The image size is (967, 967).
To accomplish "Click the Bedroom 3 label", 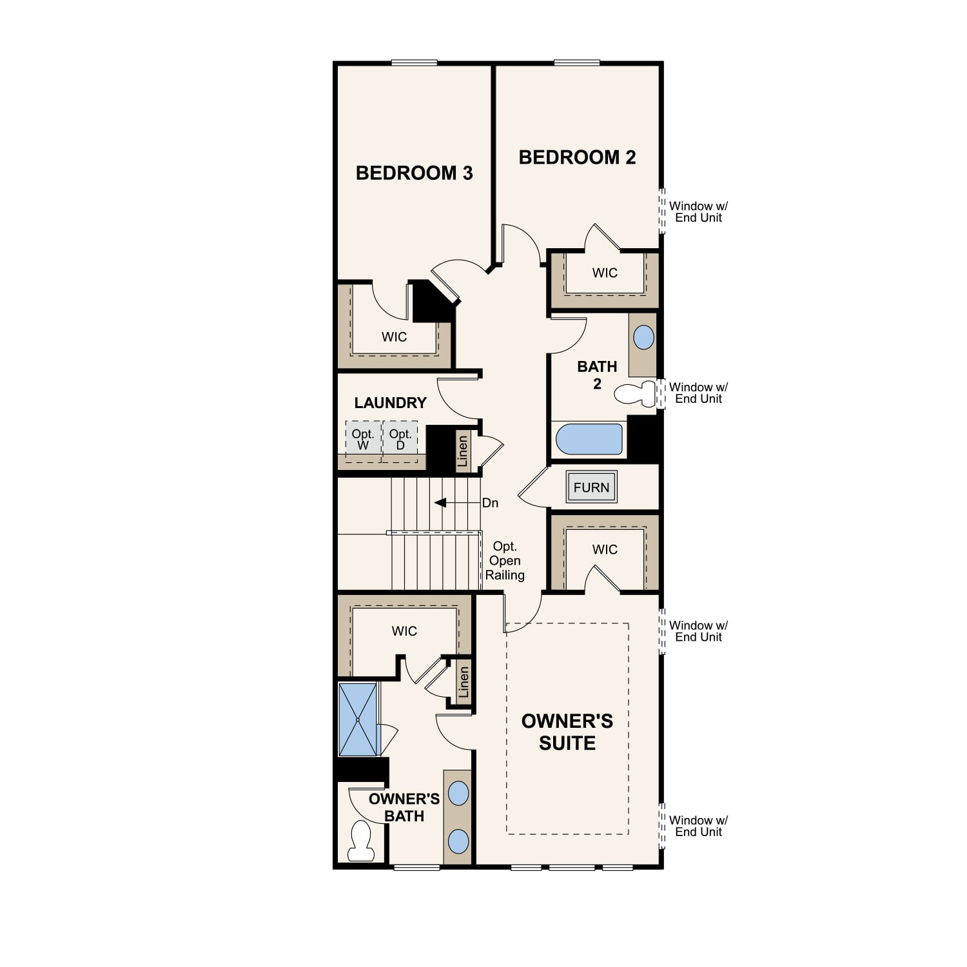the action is coord(414,173).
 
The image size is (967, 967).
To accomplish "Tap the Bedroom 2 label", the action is coord(577,157).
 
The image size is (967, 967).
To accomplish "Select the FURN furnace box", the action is coord(591,487).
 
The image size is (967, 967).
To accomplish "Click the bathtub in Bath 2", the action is coord(589,440).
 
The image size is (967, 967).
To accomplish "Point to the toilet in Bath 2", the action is coord(635,393).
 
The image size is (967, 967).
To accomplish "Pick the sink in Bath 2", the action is coord(643,337).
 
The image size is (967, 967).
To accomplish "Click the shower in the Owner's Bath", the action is coord(358,719).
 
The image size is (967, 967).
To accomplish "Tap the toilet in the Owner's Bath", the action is coord(361,841).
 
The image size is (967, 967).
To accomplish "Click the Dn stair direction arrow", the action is coord(457,503).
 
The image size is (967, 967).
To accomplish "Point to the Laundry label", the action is coord(391,403).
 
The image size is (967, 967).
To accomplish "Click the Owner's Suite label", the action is coord(567,732).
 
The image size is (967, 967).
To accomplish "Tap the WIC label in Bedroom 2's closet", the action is coord(605,273).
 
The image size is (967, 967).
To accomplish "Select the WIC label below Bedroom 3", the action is coord(394,337).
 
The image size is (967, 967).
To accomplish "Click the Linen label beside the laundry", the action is coord(462,451).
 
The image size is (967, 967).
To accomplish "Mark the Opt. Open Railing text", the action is coord(505,561).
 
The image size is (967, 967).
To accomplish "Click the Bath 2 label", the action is coord(597,375).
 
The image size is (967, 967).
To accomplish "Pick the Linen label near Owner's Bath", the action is coord(464,682).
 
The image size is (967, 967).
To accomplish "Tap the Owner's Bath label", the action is coord(404,807).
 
